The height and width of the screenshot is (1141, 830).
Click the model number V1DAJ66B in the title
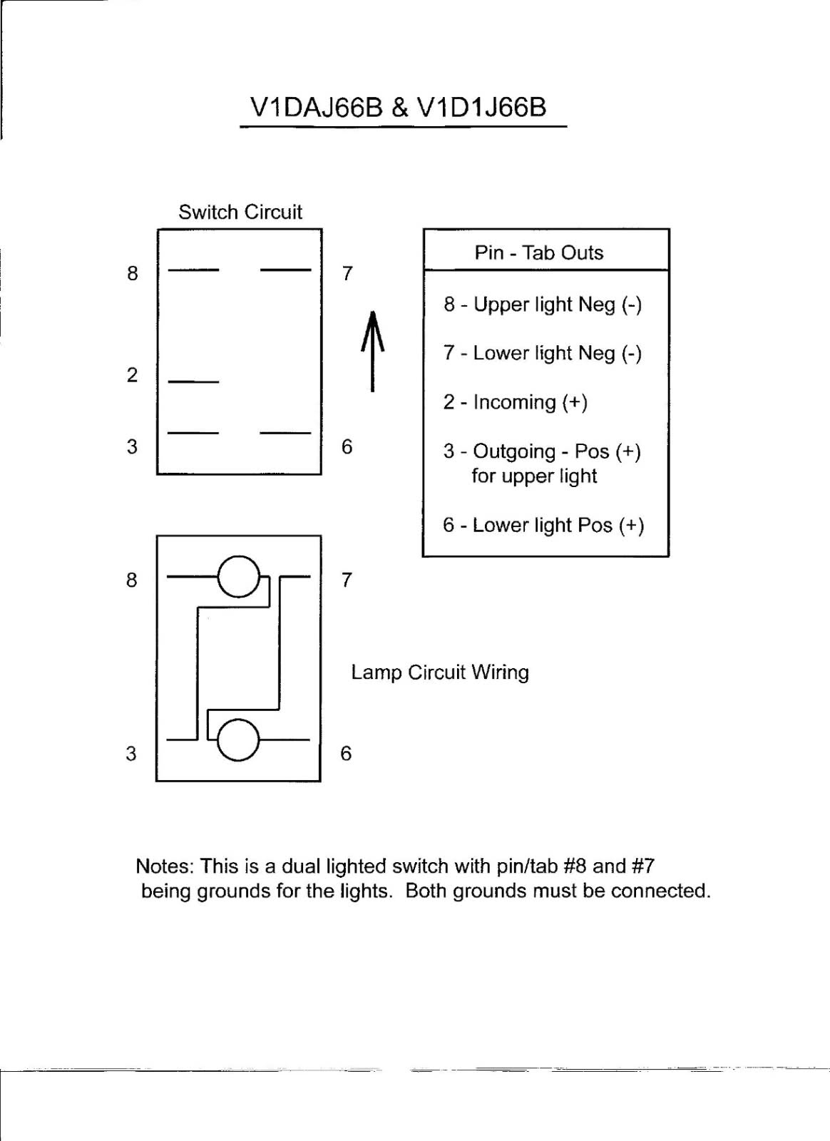(x=316, y=107)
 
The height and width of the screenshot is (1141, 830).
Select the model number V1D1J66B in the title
(x=482, y=107)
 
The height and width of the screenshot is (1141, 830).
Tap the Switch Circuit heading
(x=240, y=212)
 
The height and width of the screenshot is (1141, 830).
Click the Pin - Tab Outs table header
(x=539, y=252)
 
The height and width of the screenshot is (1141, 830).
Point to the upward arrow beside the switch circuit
(x=372, y=351)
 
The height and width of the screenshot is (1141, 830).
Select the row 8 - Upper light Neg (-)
(x=543, y=305)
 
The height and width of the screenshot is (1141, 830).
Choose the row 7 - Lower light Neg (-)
(x=543, y=353)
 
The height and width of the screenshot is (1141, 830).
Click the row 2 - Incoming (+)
(x=515, y=402)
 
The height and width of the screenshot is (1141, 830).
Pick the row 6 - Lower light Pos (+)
(x=543, y=526)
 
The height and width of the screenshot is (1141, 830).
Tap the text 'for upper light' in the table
(x=534, y=476)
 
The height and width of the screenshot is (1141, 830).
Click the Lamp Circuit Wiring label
(x=440, y=672)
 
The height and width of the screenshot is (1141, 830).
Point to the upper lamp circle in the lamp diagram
(x=239, y=575)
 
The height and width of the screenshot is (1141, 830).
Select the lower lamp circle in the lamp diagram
(x=237, y=740)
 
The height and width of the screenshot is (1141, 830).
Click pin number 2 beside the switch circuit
(x=132, y=375)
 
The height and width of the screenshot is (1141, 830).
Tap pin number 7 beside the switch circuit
(x=347, y=273)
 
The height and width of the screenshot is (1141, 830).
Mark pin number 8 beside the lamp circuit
(x=132, y=580)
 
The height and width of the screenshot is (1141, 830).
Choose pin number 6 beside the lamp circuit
(x=346, y=753)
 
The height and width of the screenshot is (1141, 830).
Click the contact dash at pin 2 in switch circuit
(x=193, y=382)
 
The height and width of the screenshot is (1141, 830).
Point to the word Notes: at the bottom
(x=165, y=866)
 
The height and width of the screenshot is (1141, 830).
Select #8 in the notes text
(x=575, y=866)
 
